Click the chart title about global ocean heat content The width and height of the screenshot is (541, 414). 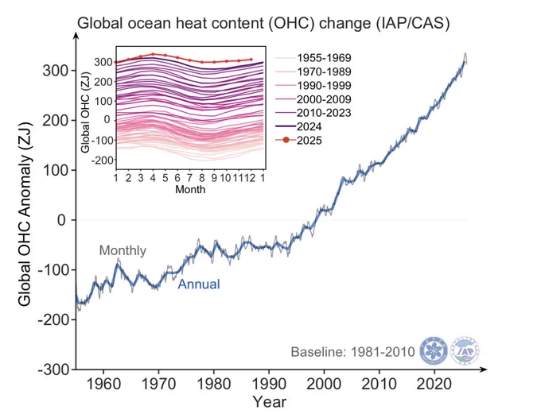263,24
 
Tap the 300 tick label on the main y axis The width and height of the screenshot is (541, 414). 55,71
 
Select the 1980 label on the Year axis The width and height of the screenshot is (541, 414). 213,384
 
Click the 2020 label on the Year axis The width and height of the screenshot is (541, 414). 434,384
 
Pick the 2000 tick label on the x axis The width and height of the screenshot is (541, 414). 324,384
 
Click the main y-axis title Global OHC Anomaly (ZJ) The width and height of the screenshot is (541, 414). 25,214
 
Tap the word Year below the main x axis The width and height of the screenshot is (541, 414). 269,402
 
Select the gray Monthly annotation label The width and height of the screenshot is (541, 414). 123,250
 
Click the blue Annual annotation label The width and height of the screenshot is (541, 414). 199,284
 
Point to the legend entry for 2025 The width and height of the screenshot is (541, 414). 299,141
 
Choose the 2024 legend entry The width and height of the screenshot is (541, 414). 299,126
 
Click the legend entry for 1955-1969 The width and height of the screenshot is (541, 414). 313,57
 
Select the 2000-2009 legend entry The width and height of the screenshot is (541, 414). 313,99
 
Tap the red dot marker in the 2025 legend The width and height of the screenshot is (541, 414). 286,140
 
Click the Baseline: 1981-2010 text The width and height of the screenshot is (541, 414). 352,352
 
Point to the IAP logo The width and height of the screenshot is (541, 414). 465,350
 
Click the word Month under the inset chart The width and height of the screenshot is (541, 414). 190,189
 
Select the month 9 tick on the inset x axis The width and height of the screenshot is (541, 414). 214,178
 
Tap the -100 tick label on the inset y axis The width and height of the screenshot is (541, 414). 102,141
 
